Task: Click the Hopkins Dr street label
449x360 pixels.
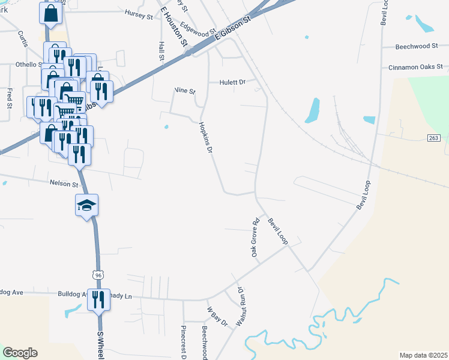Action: point(206,137)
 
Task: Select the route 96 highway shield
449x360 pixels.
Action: point(98,274)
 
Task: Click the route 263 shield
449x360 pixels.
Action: point(434,138)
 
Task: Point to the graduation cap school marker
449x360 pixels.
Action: point(86,205)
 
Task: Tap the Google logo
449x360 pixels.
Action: point(20,353)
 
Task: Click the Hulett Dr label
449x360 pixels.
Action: point(233,82)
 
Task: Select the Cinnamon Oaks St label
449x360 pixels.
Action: point(415,67)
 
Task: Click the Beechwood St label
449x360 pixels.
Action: point(420,46)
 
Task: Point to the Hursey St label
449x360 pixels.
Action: point(139,13)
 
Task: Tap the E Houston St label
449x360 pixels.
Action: point(175,28)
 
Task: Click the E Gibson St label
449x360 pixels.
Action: point(231,29)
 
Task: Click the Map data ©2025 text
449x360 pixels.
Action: point(423,355)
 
